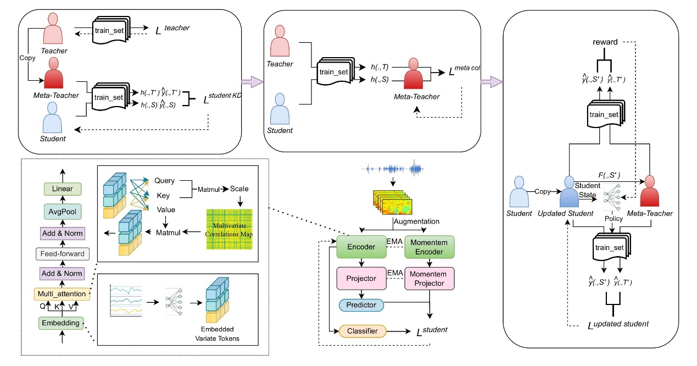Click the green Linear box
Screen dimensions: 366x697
click(63, 188)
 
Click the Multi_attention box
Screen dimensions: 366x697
click(60, 293)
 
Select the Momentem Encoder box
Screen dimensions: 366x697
click(429, 247)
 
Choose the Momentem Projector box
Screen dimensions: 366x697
click(429, 279)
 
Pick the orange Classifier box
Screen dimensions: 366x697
click(363, 331)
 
